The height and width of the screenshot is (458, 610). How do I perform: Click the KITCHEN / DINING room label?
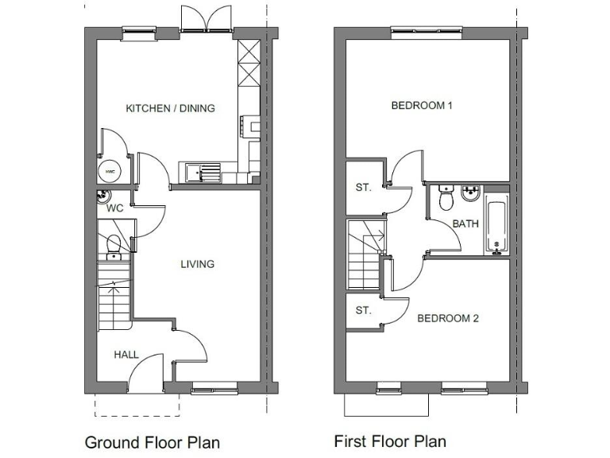(170, 108)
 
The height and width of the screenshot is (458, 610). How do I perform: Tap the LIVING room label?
(197, 264)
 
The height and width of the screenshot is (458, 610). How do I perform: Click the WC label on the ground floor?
(114, 208)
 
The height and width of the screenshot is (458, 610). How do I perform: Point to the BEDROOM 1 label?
(421, 106)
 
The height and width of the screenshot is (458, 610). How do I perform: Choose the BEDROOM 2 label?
(448, 319)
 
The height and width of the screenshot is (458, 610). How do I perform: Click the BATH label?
(465, 223)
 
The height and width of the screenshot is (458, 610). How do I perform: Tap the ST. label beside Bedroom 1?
(364, 188)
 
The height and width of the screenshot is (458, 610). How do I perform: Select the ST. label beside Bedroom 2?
(364, 311)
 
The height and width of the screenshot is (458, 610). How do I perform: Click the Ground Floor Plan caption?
(152, 442)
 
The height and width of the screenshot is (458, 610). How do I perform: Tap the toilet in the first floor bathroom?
(446, 199)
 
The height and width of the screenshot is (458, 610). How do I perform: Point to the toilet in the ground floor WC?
(113, 245)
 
